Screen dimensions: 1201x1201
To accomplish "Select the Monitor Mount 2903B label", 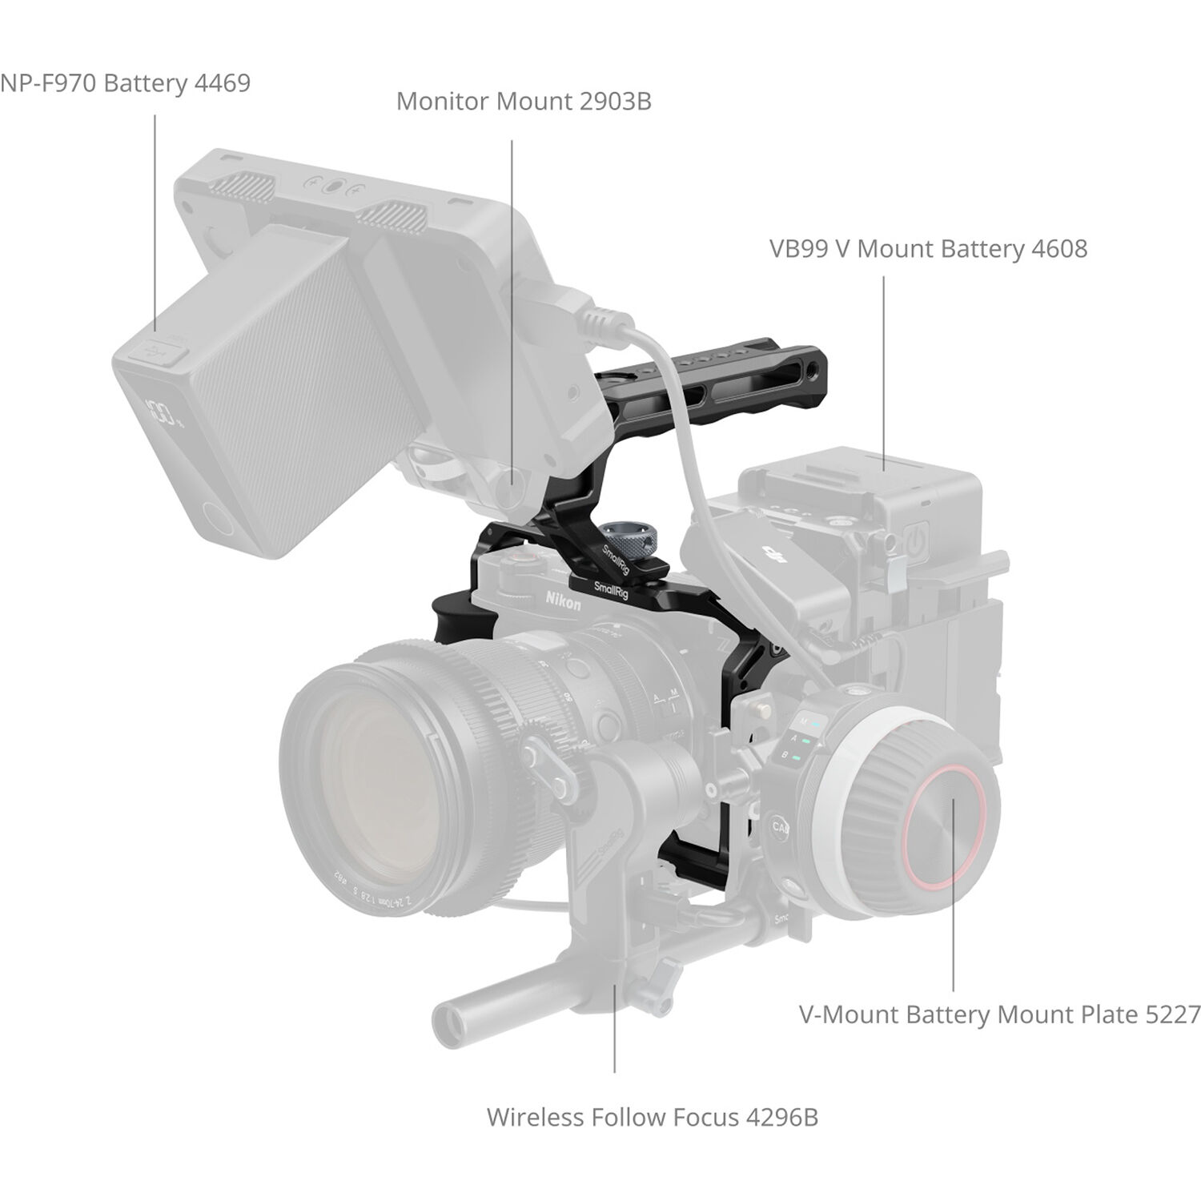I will click(x=524, y=102).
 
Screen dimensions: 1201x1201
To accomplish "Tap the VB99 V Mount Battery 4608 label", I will click(x=928, y=249).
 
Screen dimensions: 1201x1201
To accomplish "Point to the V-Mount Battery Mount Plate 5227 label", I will click(x=999, y=1014).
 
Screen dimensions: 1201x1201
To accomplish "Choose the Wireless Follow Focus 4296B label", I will click(x=652, y=1117).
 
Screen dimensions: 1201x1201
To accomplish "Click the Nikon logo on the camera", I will click(x=564, y=600).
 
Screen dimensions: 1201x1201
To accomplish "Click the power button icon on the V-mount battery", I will click(x=918, y=542).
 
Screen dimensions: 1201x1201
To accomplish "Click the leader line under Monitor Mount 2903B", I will click(x=512, y=320).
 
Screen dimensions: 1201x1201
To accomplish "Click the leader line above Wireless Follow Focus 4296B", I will click(x=614, y=1033).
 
